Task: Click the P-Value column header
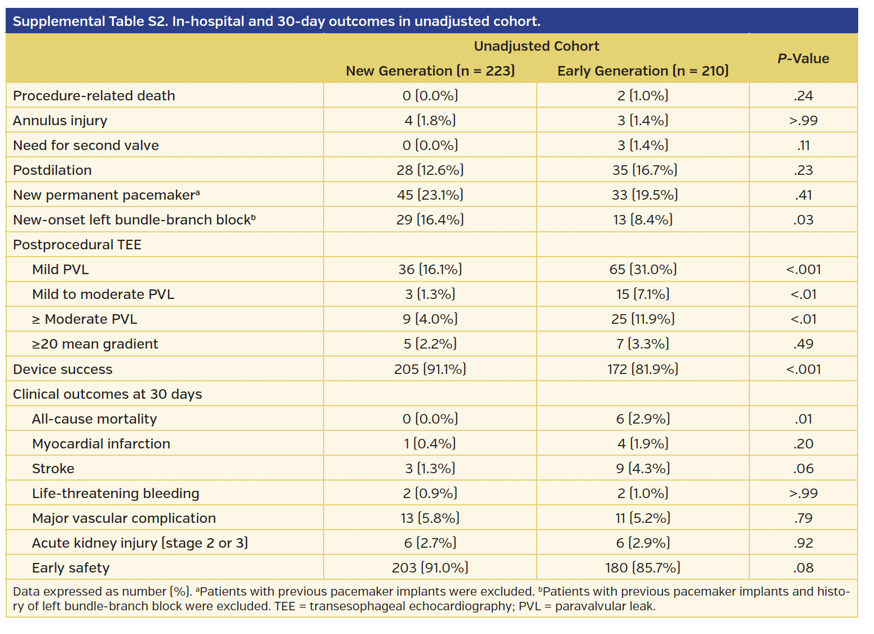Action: click(803, 59)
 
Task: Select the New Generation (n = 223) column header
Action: click(430, 71)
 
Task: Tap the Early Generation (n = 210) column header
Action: click(643, 71)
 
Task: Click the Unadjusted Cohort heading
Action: click(536, 46)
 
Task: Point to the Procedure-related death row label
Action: click(94, 96)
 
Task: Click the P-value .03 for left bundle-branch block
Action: click(803, 220)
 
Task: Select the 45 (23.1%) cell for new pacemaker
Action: click(430, 195)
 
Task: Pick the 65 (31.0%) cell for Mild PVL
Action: click(643, 270)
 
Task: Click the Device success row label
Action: click(63, 369)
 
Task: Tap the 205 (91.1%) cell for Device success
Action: click(430, 369)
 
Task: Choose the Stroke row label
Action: click(53, 469)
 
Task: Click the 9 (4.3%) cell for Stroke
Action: click(643, 469)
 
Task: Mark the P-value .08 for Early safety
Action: click(803, 568)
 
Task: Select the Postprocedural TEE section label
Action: click(77, 245)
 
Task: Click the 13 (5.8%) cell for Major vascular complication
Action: click(430, 518)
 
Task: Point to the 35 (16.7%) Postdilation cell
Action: click(645, 170)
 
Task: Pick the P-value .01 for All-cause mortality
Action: click(803, 419)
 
